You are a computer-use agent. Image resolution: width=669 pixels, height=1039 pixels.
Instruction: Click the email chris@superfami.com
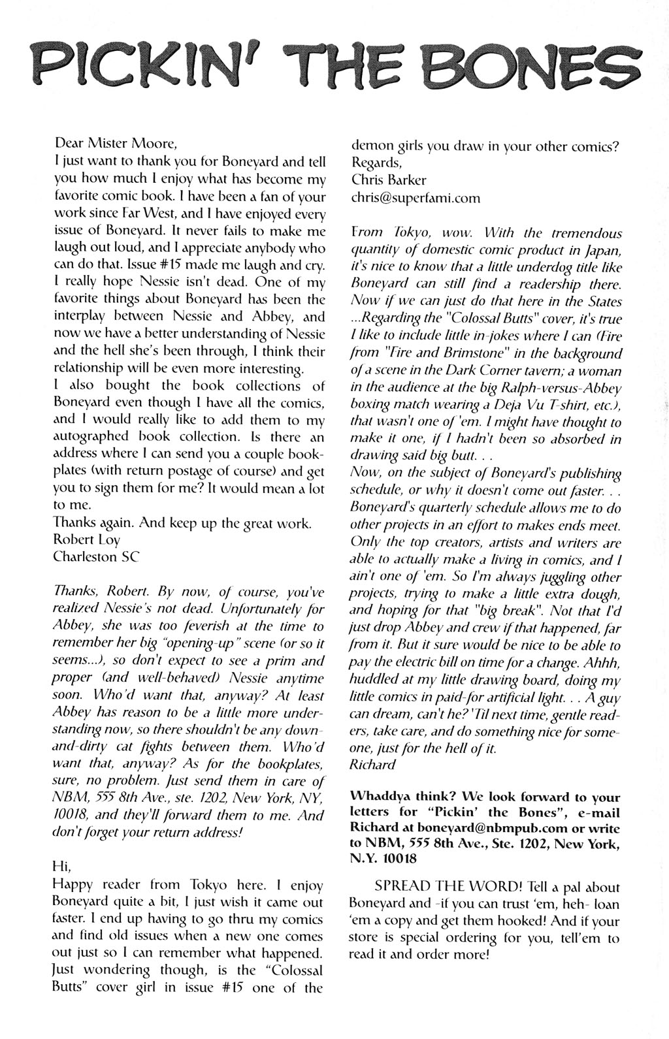[416, 198]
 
